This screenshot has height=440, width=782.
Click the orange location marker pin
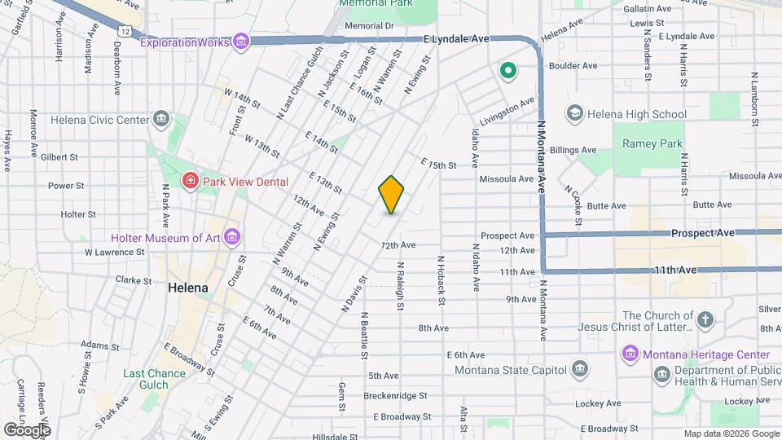tap(391, 195)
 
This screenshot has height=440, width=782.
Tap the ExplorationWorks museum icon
tap(240, 42)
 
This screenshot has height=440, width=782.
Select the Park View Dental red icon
tap(190, 179)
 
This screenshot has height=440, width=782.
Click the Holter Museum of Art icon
tap(233, 238)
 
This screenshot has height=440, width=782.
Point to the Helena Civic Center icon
tap(161, 120)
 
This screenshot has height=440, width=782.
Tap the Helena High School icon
tap(574, 114)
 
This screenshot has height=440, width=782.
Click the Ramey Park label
tap(652, 143)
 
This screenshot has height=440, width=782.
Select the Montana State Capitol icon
tap(579, 370)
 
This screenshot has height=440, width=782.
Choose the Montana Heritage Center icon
tap(630, 354)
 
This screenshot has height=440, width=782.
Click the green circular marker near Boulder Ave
tap(508, 71)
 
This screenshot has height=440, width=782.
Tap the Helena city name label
tap(188, 288)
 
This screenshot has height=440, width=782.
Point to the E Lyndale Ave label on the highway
tap(455, 38)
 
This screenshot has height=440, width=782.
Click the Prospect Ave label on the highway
tap(702, 233)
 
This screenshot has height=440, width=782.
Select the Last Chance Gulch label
tap(154, 380)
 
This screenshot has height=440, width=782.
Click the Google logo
tap(27, 429)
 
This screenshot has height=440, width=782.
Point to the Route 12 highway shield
tap(123, 30)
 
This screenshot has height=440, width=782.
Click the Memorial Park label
tap(376, 3)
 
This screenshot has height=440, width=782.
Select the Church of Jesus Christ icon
tap(705, 320)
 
